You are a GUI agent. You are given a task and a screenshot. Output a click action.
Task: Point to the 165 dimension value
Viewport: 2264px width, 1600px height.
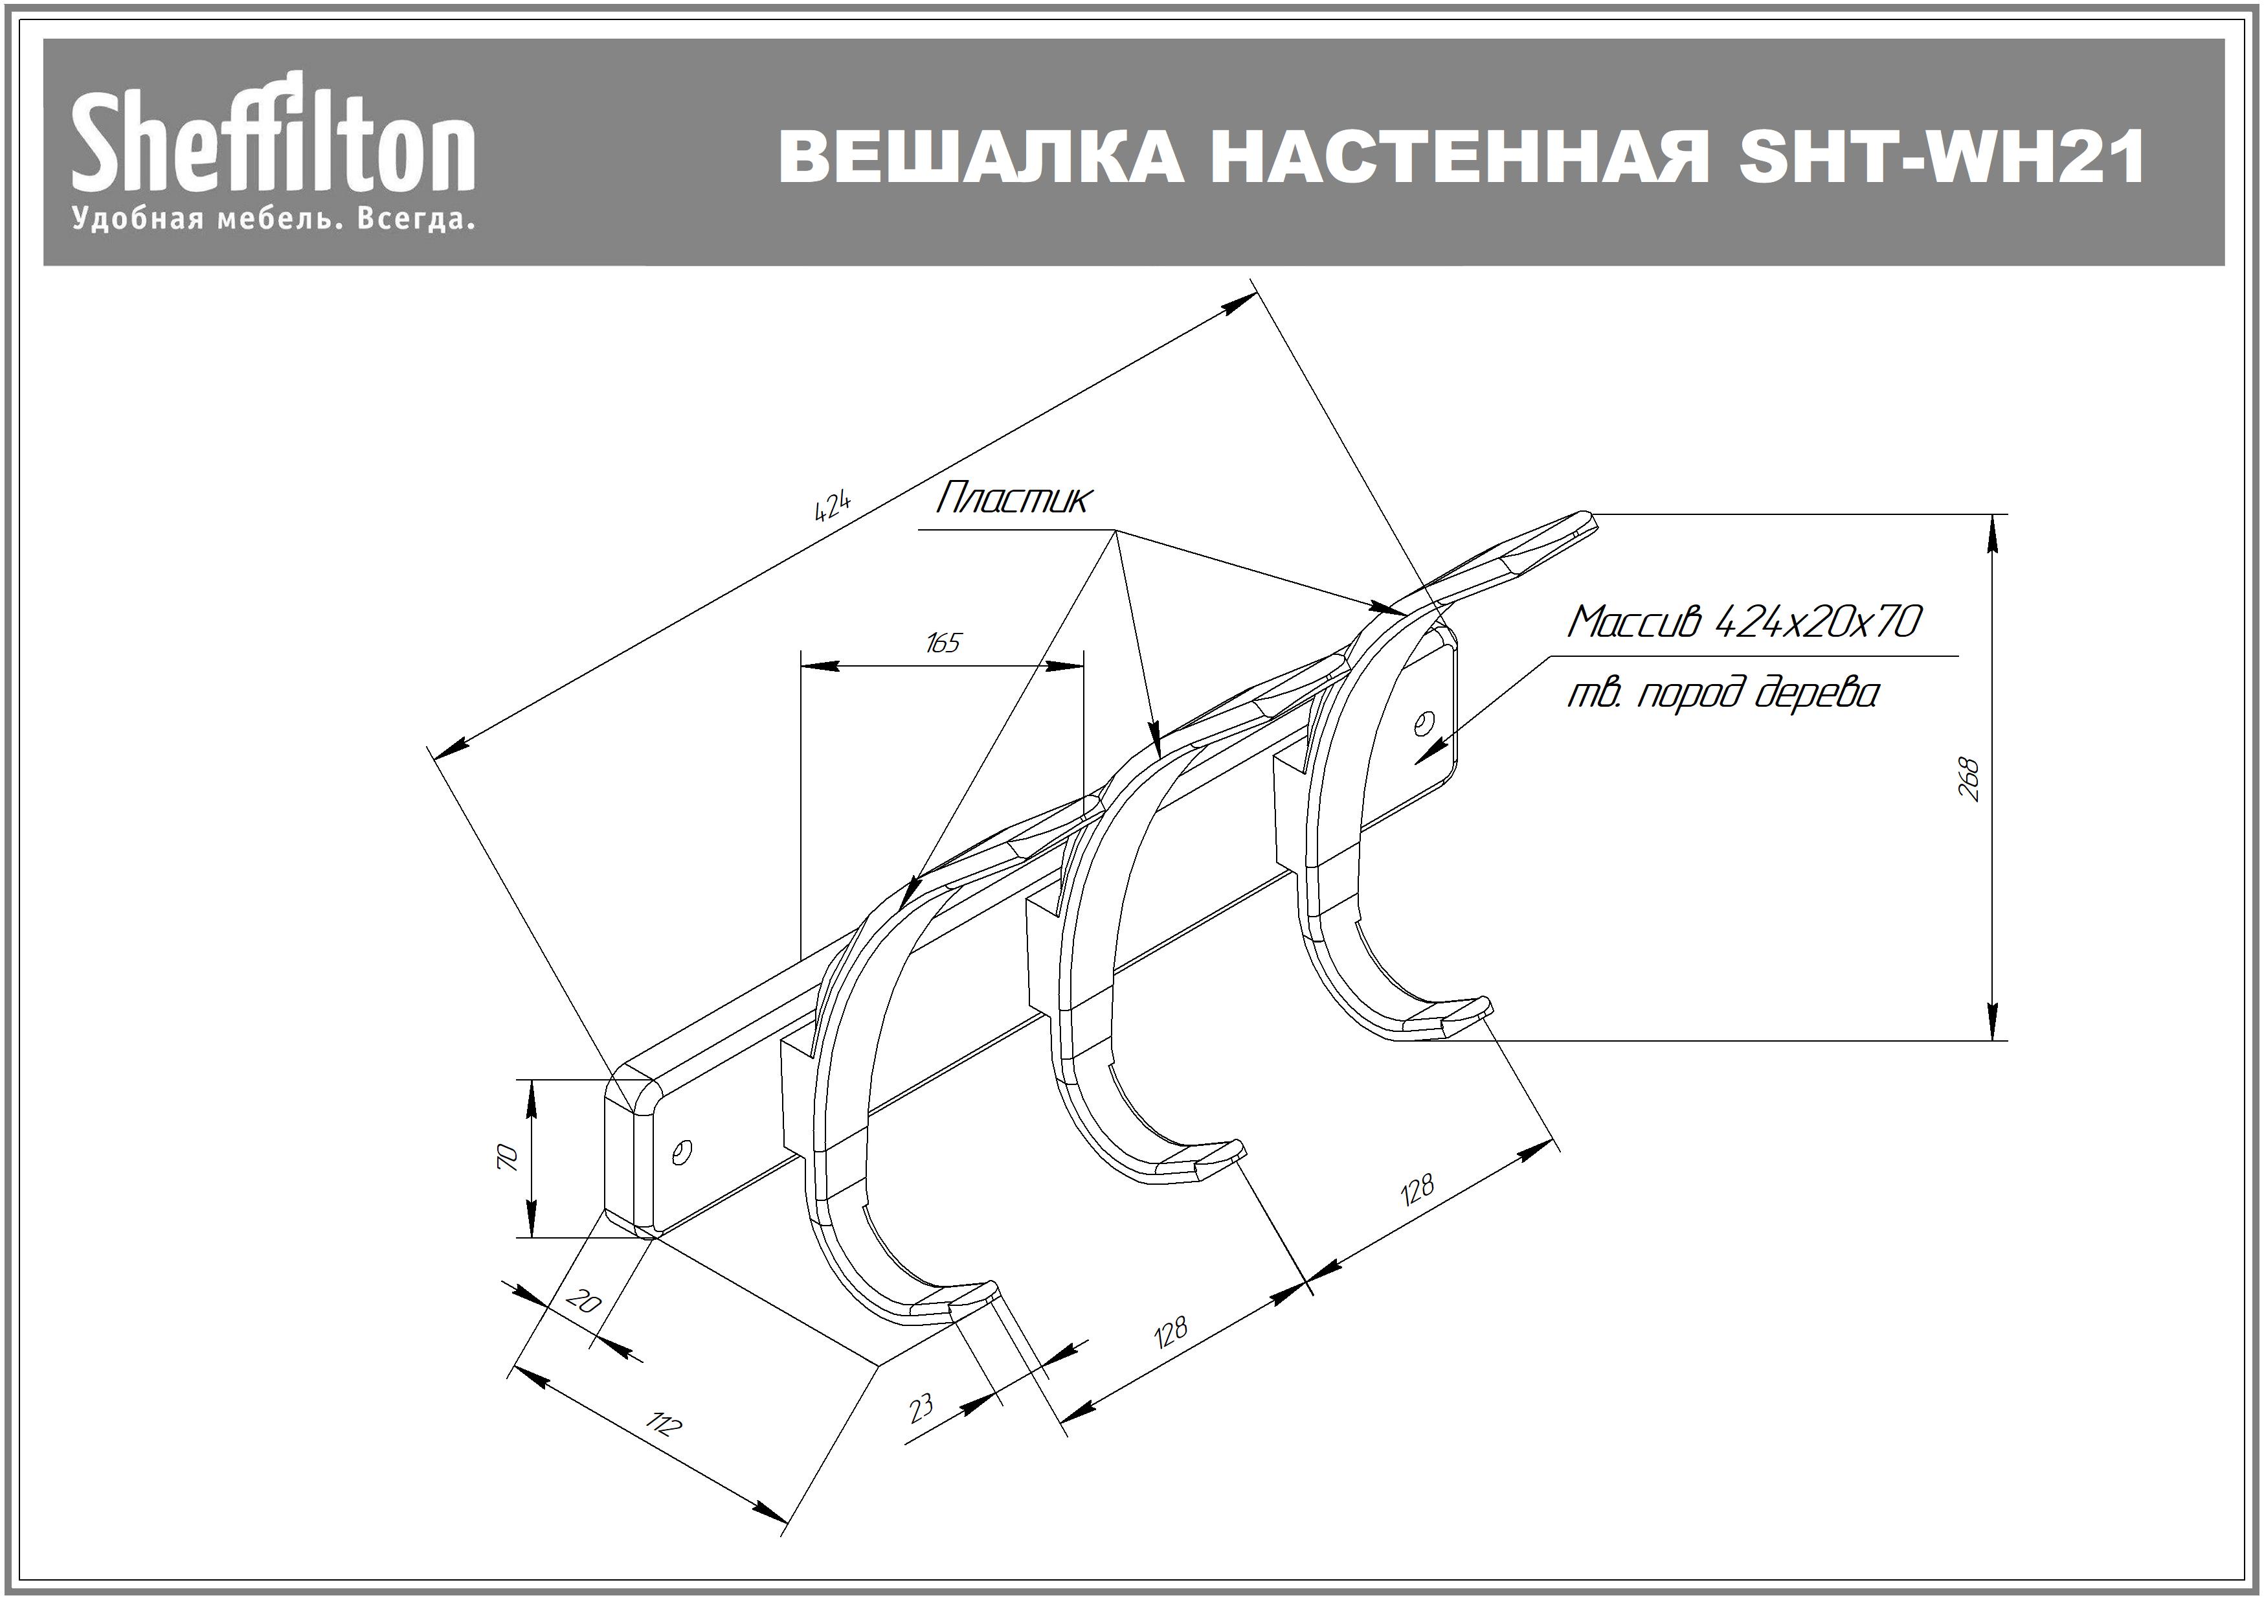[943, 643]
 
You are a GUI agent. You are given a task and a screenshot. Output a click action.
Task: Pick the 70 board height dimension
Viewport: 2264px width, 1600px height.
[507, 1157]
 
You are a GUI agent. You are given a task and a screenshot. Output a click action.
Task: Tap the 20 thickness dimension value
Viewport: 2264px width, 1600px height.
[584, 1302]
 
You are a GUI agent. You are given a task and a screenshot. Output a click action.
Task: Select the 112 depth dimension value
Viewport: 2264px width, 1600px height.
[663, 1424]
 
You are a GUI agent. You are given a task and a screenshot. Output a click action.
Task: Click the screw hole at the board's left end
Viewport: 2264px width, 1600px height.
[680, 1151]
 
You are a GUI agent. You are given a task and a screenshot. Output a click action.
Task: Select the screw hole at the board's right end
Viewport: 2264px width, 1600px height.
[1422, 724]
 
